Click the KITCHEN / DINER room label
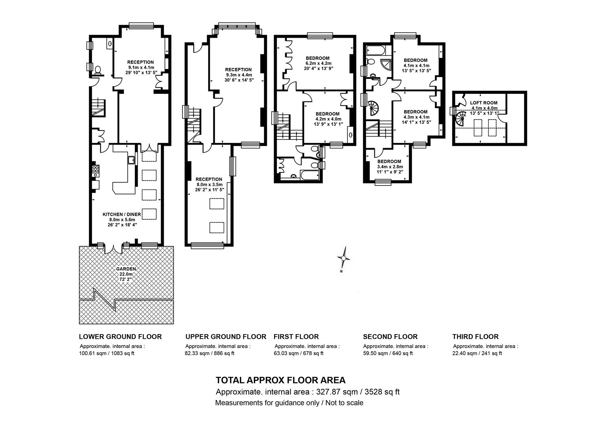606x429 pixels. pyautogui.click(x=122, y=214)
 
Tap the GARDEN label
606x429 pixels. pyautogui.click(x=126, y=269)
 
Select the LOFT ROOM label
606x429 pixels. pyautogui.click(x=484, y=103)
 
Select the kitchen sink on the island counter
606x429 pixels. pyautogui.click(x=131, y=160)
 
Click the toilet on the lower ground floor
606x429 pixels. pyautogui.click(x=98, y=71)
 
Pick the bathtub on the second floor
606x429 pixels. pyautogui.click(x=376, y=50)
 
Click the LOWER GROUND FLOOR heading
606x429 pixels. pyautogui.click(x=121, y=336)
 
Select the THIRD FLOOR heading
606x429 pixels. pyautogui.click(x=476, y=336)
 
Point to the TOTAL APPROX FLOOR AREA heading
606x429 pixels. pyautogui.click(x=280, y=380)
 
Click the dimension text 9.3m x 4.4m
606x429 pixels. pyautogui.click(x=239, y=75)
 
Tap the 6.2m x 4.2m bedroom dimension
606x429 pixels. pyautogui.click(x=318, y=64)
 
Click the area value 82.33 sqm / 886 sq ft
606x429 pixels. pyautogui.click(x=210, y=354)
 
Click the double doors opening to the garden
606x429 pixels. pyautogui.click(x=113, y=249)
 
